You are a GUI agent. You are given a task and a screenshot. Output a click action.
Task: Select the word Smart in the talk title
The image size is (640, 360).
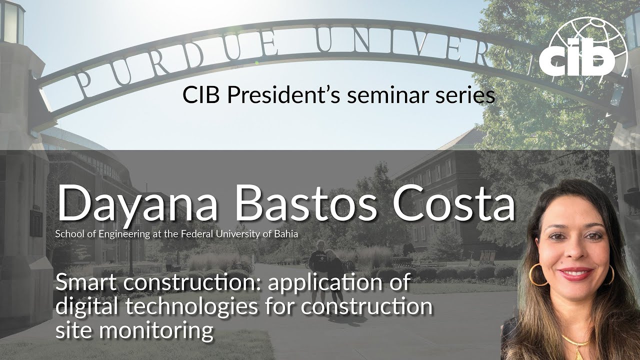coord(85,283)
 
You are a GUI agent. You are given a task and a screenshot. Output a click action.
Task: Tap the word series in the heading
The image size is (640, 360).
coord(467,95)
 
